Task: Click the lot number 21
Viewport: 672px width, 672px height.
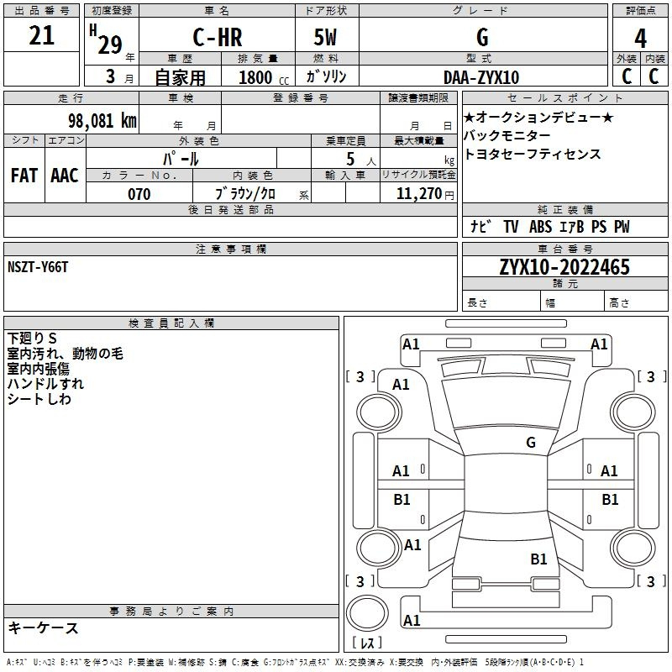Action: click(x=41, y=35)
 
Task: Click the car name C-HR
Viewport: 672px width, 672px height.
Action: click(x=218, y=37)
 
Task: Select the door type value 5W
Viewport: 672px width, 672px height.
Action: click(x=325, y=37)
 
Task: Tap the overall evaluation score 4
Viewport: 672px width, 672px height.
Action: click(x=640, y=38)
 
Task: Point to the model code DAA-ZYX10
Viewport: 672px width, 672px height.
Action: click(x=481, y=77)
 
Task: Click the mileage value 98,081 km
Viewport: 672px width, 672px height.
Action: click(x=102, y=121)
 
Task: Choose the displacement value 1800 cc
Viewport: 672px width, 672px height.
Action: click(x=264, y=77)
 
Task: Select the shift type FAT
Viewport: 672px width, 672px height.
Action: click(x=24, y=176)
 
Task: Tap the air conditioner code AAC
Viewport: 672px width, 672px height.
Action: click(x=65, y=176)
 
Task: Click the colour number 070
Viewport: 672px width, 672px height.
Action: click(x=139, y=194)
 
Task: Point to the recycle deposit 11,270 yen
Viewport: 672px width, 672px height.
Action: click(x=425, y=194)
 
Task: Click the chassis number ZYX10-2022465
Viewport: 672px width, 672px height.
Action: click(x=564, y=267)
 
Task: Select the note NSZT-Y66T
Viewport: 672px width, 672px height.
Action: click(x=38, y=267)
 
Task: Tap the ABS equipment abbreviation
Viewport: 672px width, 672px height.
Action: click(x=540, y=227)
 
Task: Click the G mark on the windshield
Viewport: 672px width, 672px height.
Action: click(x=531, y=442)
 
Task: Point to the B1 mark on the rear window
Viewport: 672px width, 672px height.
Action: click(x=538, y=559)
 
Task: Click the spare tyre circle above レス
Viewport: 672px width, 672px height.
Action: click(x=367, y=613)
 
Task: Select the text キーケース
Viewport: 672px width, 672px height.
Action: click(x=43, y=627)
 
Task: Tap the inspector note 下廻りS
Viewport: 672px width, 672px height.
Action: click(x=32, y=339)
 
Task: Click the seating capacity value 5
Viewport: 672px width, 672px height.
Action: click(x=350, y=159)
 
